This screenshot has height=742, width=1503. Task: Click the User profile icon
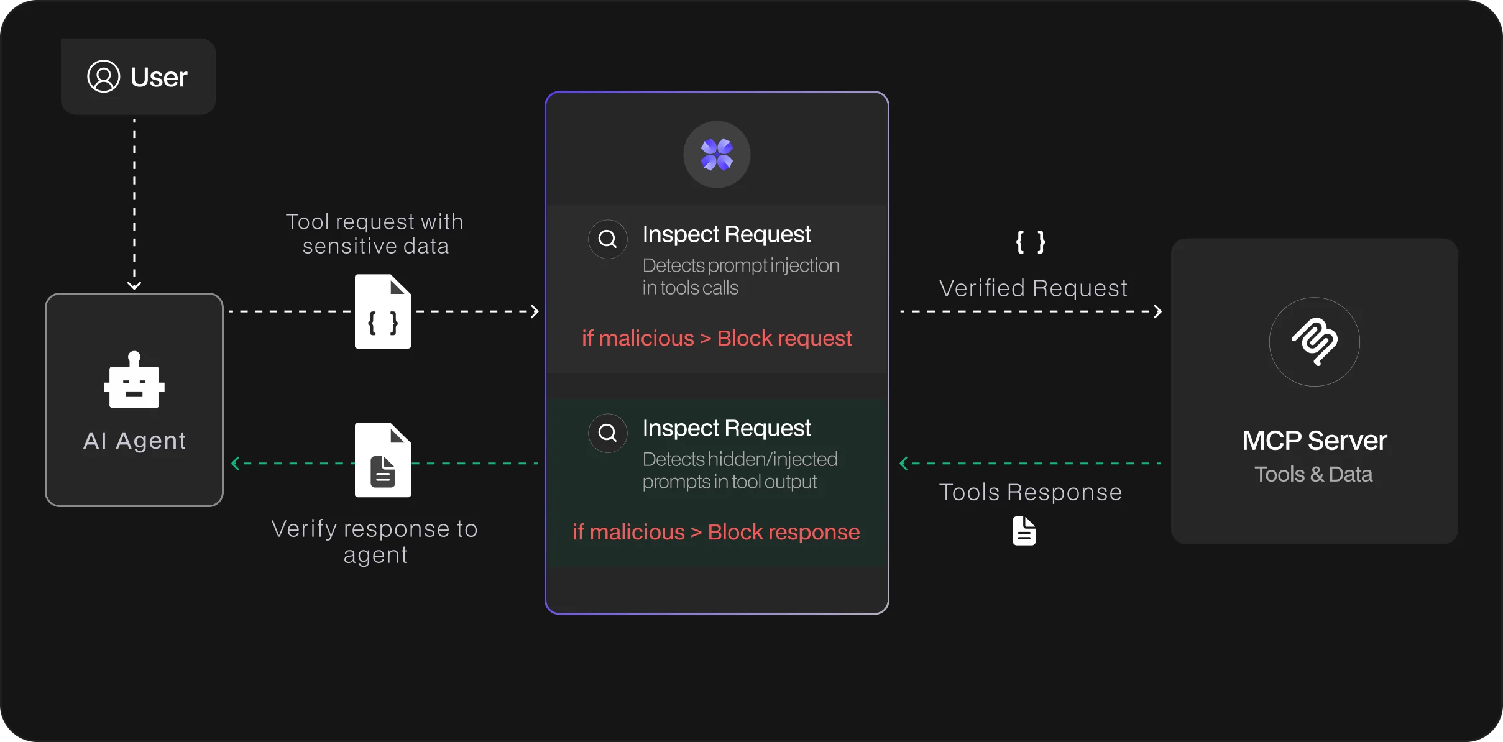click(x=103, y=76)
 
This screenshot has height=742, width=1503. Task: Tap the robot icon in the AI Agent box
click(x=134, y=380)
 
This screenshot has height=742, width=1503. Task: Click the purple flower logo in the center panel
click(x=717, y=154)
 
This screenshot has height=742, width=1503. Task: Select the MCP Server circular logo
click(x=1314, y=342)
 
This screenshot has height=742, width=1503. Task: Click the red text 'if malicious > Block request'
click(x=717, y=338)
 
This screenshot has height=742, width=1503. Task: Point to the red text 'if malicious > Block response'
click(x=716, y=532)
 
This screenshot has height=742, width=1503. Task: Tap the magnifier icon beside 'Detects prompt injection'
click(x=607, y=239)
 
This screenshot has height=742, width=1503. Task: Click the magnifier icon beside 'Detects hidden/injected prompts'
click(x=607, y=433)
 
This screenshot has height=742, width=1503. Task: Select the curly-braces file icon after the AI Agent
click(x=383, y=311)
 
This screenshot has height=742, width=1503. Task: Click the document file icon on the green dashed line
click(x=383, y=460)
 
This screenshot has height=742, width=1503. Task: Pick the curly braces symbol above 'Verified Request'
click(x=1031, y=242)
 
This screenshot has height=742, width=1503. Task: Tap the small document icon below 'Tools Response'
click(x=1024, y=531)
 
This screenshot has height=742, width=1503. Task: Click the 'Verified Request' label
click(x=1033, y=288)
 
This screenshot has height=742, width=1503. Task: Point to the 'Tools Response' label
click(x=1031, y=492)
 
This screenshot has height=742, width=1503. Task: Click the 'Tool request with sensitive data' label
click(x=375, y=234)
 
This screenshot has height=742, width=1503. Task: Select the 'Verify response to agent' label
click(x=375, y=541)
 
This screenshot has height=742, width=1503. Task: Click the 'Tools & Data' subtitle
click(x=1313, y=474)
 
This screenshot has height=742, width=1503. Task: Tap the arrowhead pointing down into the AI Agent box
click(x=134, y=285)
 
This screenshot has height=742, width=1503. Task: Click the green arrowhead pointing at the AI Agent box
click(x=236, y=464)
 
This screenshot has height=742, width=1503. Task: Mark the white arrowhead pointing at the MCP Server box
click(x=1157, y=311)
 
